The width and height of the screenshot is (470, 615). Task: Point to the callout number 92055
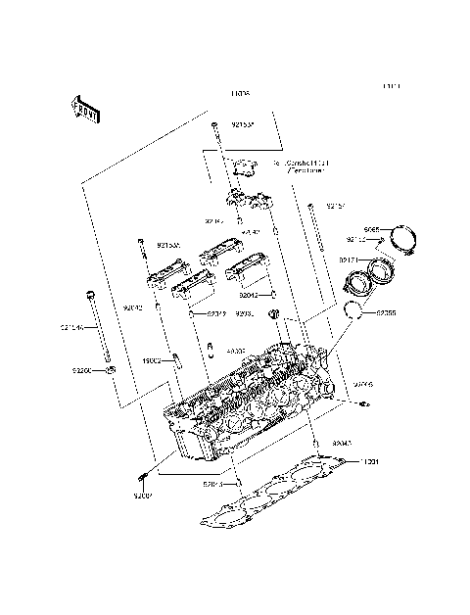pos(387,313)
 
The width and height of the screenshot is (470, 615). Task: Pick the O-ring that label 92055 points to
pos(356,311)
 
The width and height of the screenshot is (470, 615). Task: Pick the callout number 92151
pos(336,207)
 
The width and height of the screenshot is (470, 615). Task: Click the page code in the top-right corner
pos(392,86)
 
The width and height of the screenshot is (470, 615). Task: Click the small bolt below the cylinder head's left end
pos(144,477)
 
